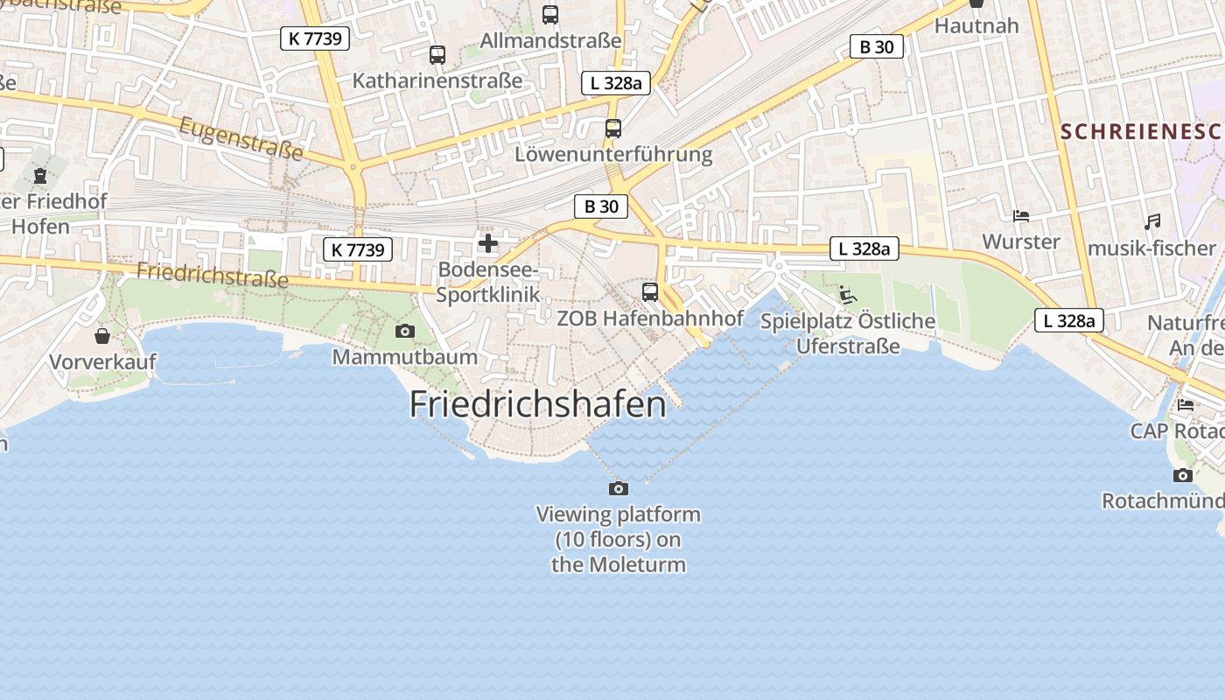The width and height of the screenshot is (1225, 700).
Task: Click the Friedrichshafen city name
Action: pyautogui.click(x=537, y=404)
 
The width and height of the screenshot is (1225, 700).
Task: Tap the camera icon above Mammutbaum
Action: pyautogui.click(x=404, y=331)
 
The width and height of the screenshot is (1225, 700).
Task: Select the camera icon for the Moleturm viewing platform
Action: pyautogui.click(x=619, y=488)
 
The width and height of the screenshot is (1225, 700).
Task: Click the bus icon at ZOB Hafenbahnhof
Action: pyautogui.click(x=649, y=292)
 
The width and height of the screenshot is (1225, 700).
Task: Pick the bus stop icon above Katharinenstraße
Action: pyautogui.click(x=437, y=55)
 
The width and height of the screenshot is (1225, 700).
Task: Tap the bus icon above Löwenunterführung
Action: pyautogui.click(x=613, y=129)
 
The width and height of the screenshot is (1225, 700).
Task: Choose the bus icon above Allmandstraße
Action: pyautogui.click(x=550, y=15)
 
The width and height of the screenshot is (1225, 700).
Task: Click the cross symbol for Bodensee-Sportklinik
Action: pyautogui.click(x=488, y=242)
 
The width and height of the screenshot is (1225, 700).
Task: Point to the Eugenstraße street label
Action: pyautogui.click(x=241, y=139)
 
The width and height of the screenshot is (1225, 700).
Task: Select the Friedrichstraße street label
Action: pyautogui.click(x=212, y=275)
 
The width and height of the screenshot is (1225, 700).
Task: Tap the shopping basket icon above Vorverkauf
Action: pyautogui.click(x=102, y=336)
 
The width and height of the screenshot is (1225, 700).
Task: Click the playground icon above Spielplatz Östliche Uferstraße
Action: pyautogui.click(x=847, y=294)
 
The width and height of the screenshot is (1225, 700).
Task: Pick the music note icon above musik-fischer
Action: pyautogui.click(x=1152, y=222)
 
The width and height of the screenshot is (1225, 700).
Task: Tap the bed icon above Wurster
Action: pyautogui.click(x=1020, y=215)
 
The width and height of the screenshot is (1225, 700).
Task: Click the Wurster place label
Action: pyautogui.click(x=1021, y=241)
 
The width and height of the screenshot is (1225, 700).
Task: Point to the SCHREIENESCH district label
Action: pyautogui.click(x=1140, y=132)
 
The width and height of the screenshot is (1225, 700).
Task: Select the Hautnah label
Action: pyautogui.click(x=976, y=25)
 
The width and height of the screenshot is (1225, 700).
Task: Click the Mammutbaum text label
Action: pyautogui.click(x=405, y=357)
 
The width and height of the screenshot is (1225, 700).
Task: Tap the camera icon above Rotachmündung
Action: pyautogui.click(x=1183, y=475)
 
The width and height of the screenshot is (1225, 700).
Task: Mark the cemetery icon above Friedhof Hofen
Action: pyautogui.click(x=39, y=176)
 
